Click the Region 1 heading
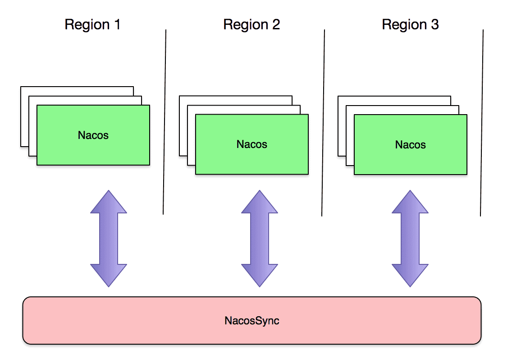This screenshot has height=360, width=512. click(x=92, y=24)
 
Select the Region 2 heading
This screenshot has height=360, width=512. click(x=251, y=24)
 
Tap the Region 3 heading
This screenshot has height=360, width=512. click(x=410, y=24)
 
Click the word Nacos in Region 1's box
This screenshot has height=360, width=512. click(x=93, y=135)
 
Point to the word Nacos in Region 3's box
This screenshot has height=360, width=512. click(x=411, y=145)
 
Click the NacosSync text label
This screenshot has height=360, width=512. click(x=252, y=321)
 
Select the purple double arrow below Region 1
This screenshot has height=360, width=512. click(x=109, y=238)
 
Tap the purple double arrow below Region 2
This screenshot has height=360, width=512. click(x=259, y=238)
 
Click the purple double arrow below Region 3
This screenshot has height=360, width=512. click(x=410, y=238)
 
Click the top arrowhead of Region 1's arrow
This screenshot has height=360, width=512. click(x=109, y=202)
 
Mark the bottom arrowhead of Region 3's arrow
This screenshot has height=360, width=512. click(x=410, y=274)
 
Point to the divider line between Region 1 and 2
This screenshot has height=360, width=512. click(x=165, y=122)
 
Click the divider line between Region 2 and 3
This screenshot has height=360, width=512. click(x=323, y=122)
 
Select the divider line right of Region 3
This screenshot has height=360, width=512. click(x=482, y=122)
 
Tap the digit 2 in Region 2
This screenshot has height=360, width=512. click(x=275, y=24)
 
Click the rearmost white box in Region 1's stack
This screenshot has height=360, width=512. click(x=77, y=90)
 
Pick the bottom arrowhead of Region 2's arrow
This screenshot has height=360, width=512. click(x=259, y=274)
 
